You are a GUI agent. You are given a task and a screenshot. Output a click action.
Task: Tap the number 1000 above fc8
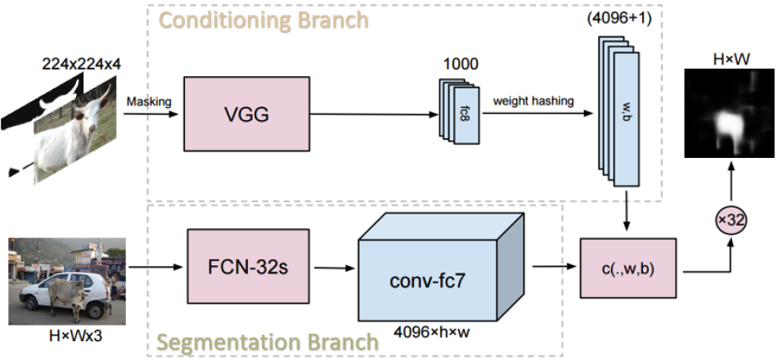(x=459, y=64)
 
